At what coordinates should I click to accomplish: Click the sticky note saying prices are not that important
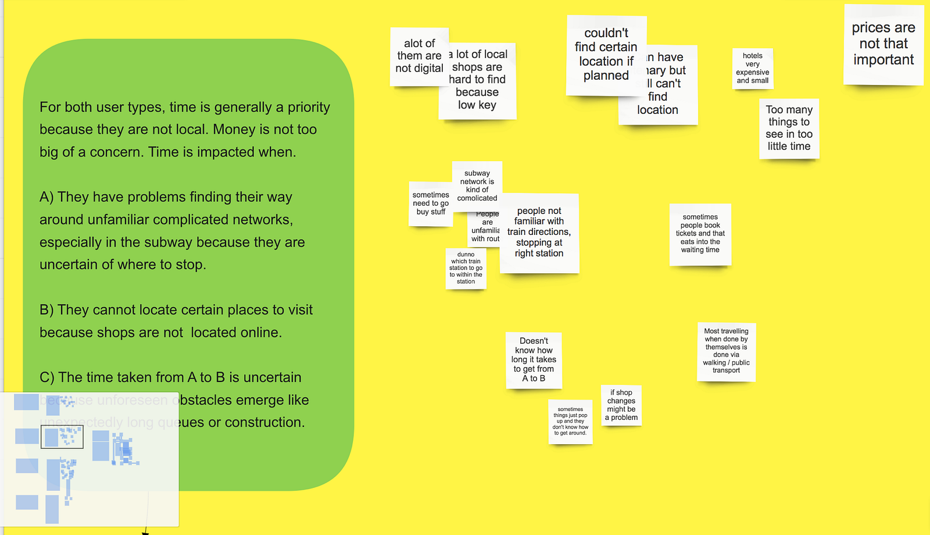[884, 44]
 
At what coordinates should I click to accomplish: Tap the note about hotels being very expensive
[753, 69]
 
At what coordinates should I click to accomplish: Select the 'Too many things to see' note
[789, 128]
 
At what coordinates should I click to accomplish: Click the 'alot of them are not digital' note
[419, 56]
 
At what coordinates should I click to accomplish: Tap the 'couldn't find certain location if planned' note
[606, 55]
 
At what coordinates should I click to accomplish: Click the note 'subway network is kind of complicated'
[477, 185]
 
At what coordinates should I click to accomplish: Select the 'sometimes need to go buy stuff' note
[430, 204]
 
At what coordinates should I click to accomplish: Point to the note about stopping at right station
[539, 233]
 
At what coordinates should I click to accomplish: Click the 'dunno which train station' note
[466, 268]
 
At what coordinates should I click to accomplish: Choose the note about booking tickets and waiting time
[700, 234]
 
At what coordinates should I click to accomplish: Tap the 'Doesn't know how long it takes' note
[534, 360]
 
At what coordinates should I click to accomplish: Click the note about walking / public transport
[726, 351]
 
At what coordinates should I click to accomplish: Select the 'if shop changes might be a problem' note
[621, 405]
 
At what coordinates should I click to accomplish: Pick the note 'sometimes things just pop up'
[570, 422]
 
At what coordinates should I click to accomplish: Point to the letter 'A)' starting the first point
[46, 197]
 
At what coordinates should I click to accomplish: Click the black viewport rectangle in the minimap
[62, 437]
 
